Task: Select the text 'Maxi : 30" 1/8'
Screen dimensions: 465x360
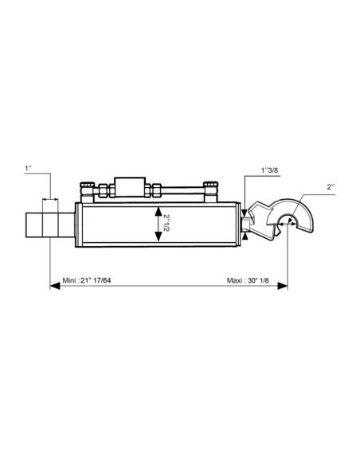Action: click(x=248, y=281)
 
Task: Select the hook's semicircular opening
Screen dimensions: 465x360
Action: click(x=288, y=225)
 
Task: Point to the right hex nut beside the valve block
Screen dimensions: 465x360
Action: click(x=155, y=191)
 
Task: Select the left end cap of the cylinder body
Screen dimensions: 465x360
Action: click(x=78, y=224)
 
